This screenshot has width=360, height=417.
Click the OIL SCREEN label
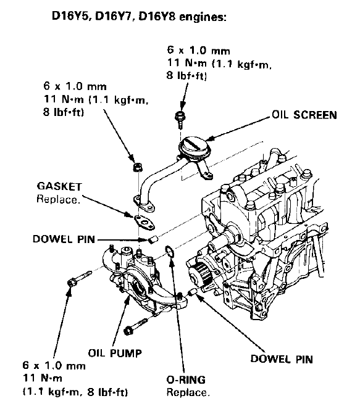click(304, 115)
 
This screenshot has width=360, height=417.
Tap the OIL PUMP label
click(115, 353)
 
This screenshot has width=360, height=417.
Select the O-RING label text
click(186, 379)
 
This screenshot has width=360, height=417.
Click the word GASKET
click(59, 186)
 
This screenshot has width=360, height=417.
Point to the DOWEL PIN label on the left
click(64, 239)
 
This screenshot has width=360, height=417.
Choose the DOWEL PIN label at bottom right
click(282, 359)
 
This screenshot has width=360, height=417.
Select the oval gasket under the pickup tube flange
click(144, 222)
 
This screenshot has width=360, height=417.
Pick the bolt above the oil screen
click(180, 119)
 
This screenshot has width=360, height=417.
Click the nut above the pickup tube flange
click(138, 167)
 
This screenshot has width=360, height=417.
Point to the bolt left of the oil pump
click(79, 278)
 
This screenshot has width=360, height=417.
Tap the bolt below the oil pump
click(135, 326)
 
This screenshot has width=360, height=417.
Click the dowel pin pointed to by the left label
click(153, 239)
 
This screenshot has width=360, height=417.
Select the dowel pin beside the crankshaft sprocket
click(192, 292)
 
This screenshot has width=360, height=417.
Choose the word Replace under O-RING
click(188, 392)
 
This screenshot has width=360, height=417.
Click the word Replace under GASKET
click(58, 199)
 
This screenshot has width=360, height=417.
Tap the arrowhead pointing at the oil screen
click(211, 138)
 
